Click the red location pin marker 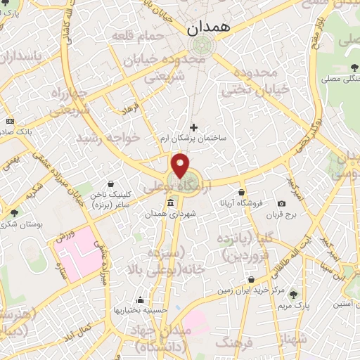[181, 165]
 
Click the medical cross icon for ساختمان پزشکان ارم [194, 127]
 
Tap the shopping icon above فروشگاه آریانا [241, 192]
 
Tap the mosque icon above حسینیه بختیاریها [142, 299]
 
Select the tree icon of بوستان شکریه [15, 212]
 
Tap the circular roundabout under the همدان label [199, 46]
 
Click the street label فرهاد [131, 110]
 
